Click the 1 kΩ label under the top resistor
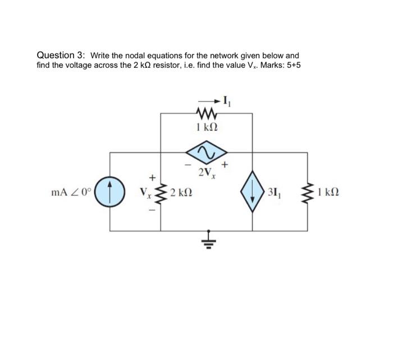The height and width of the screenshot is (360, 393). (x=206, y=127)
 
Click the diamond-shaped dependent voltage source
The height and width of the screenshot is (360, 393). (x=206, y=152)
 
